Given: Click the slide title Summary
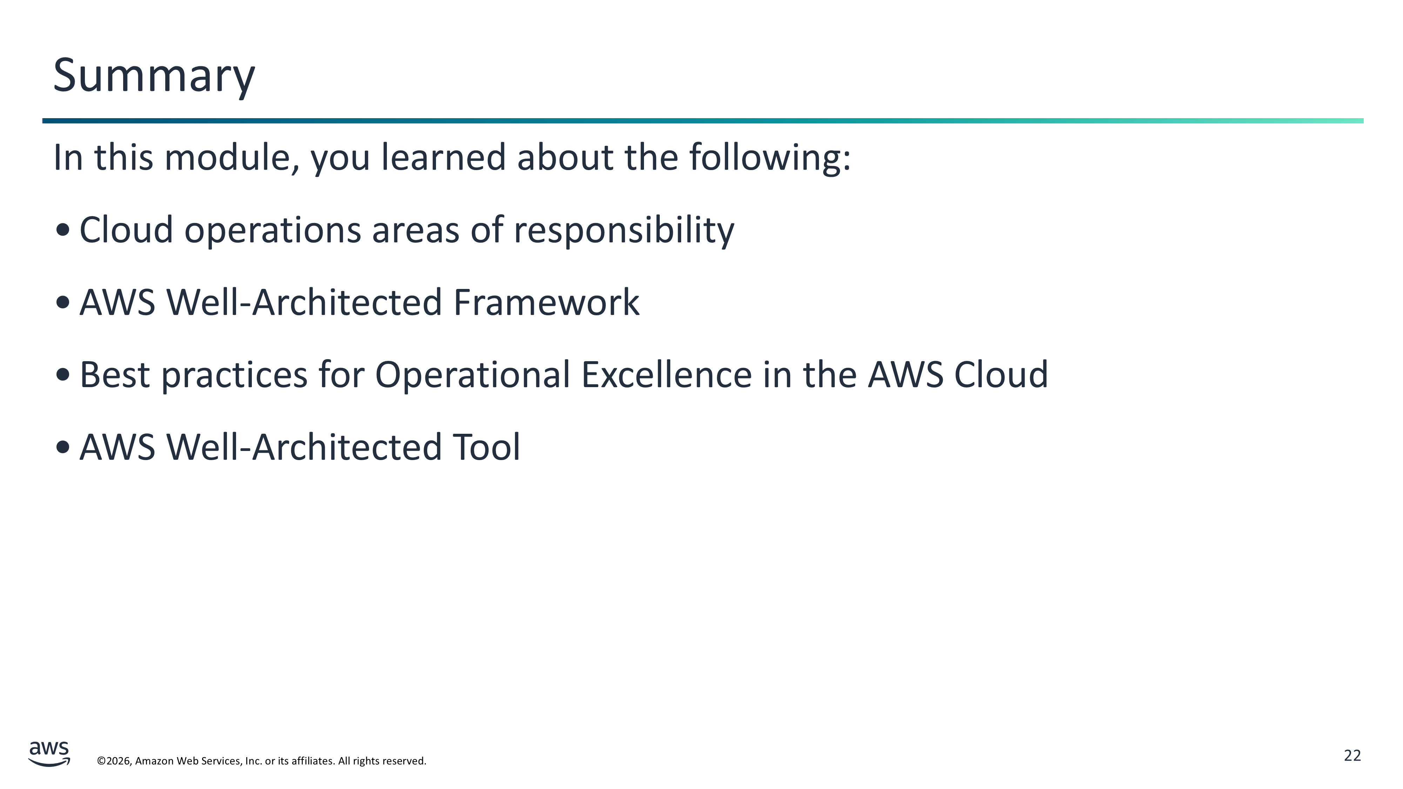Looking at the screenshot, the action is click(154, 76).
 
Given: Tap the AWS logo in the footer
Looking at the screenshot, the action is click(49, 754).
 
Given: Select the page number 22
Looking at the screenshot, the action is click(1352, 755).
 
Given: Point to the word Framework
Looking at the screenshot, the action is click(546, 302).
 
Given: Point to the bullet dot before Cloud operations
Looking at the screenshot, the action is click(63, 230).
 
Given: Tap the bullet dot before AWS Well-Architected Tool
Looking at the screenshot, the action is click(63, 447).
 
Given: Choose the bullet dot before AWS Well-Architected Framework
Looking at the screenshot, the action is click(63, 302).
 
